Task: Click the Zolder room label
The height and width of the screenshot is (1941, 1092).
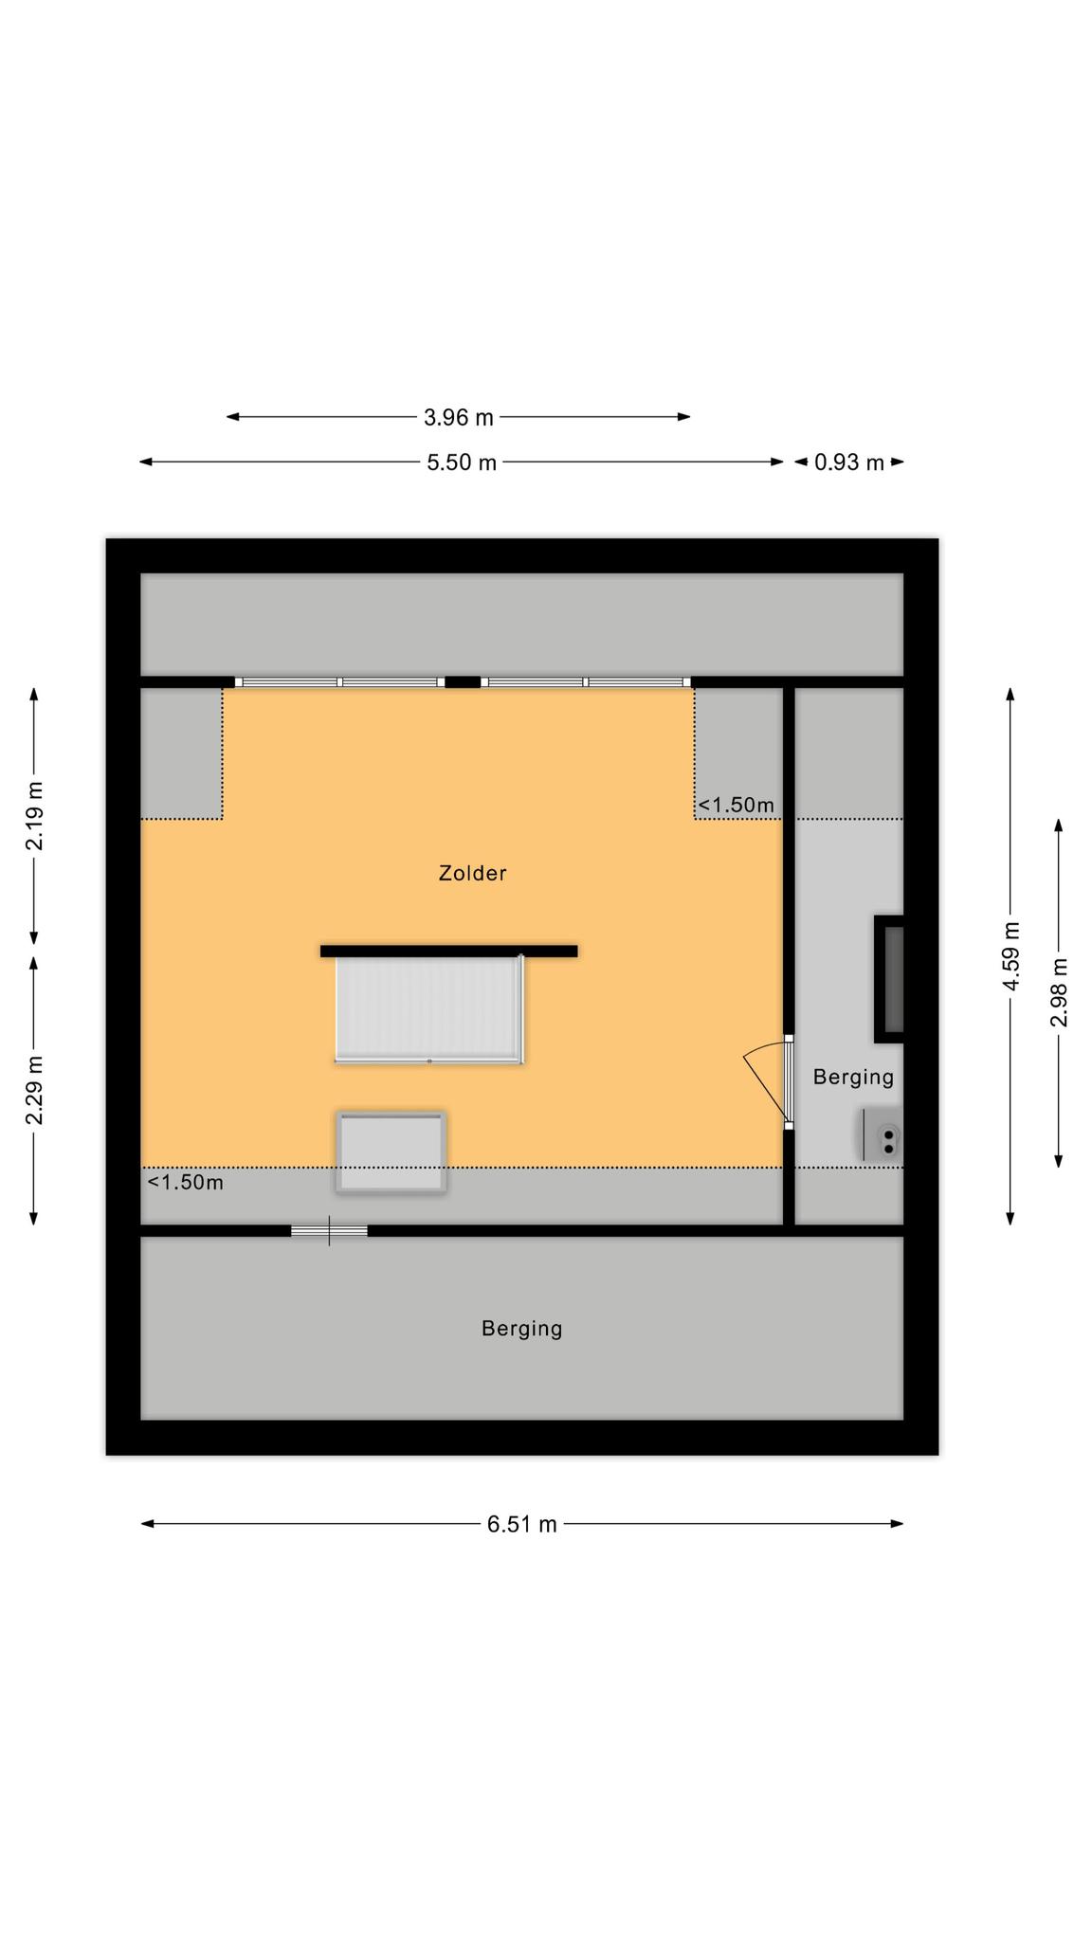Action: (x=472, y=873)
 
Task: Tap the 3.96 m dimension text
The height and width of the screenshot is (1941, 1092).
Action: (x=459, y=416)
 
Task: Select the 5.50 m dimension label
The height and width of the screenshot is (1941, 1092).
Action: (x=462, y=463)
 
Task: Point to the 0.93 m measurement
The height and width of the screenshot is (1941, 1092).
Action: (x=849, y=463)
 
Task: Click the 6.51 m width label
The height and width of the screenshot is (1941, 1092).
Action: (x=522, y=1524)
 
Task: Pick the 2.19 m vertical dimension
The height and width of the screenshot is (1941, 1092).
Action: (x=34, y=816)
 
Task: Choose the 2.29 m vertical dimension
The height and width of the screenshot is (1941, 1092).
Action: (x=34, y=1090)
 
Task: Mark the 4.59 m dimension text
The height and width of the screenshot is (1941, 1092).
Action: (x=1010, y=956)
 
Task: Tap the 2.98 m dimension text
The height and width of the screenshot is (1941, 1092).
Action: (x=1059, y=992)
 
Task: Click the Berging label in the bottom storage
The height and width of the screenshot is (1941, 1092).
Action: (x=522, y=1329)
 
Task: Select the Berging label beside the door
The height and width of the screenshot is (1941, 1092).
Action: (x=853, y=1077)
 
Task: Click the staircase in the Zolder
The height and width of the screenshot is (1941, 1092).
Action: (x=428, y=1009)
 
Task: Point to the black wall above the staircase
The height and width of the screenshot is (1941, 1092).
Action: (x=448, y=951)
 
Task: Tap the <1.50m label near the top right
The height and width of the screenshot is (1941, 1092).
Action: (x=736, y=805)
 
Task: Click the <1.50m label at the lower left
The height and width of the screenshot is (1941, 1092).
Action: (x=186, y=1182)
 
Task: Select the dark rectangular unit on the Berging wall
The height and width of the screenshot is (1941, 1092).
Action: (x=889, y=979)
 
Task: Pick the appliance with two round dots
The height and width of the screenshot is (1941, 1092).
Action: (x=881, y=1134)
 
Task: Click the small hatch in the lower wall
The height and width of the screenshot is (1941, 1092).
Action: (x=329, y=1231)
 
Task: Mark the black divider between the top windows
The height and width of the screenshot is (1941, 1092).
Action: (x=463, y=681)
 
